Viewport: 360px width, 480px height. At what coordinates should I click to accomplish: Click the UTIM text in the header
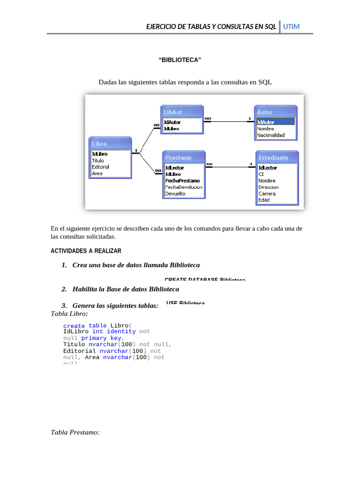point(291,27)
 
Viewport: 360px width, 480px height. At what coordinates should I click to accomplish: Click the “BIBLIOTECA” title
point(180,60)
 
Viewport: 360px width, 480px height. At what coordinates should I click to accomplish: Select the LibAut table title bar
point(182,112)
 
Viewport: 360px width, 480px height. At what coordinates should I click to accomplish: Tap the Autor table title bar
point(275,112)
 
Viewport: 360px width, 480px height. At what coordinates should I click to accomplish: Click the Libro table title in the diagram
point(111,144)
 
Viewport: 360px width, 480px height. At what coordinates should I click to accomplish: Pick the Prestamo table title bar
point(184,157)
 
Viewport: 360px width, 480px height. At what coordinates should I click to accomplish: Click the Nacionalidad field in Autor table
point(271,135)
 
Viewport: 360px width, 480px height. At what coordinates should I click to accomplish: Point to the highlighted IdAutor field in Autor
point(266,122)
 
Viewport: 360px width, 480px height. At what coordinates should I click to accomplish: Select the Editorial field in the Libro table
point(101,167)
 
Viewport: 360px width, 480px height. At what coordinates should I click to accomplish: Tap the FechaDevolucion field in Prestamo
point(184,187)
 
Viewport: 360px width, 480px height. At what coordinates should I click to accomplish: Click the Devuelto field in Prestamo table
point(175,194)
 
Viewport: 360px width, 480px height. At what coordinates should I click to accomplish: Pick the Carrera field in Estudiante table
point(267,194)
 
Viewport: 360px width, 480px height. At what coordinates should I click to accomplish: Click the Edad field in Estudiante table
point(264,200)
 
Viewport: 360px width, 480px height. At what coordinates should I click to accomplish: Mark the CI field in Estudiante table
point(261,174)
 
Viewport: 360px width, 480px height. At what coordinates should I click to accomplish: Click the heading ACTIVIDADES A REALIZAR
point(86,251)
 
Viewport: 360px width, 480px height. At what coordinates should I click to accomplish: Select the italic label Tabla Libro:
point(69,313)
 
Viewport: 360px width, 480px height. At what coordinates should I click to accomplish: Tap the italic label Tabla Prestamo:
point(75,432)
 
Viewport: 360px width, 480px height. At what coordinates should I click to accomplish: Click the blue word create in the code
point(74,326)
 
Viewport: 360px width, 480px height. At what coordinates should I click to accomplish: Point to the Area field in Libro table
point(97,173)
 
